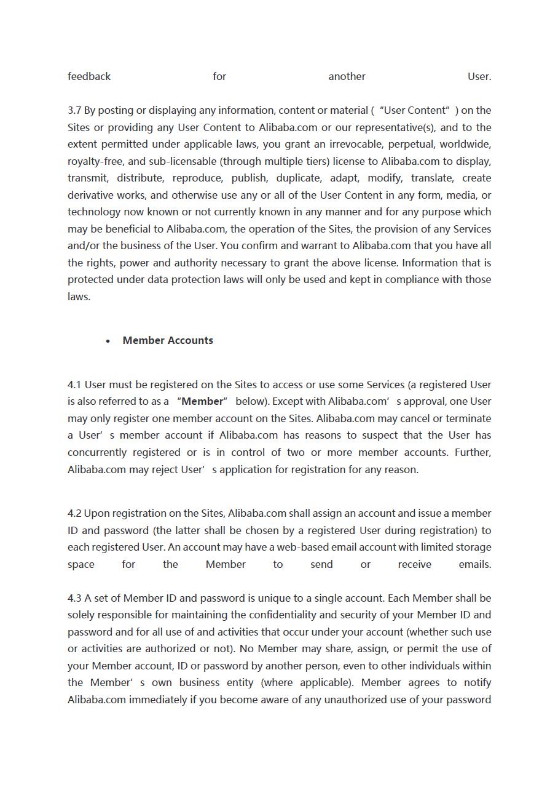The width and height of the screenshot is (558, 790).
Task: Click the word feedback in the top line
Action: coord(89,76)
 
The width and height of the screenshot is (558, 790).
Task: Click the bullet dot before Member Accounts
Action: coord(108,341)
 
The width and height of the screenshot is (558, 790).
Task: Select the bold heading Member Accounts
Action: coord(168,340)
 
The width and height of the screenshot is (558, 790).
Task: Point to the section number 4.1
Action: coord(74,385)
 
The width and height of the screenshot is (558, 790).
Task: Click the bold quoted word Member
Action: coord(202,401)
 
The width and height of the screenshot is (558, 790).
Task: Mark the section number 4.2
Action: coord(74,513)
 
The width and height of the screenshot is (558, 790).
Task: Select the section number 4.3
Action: coord(74,598)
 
